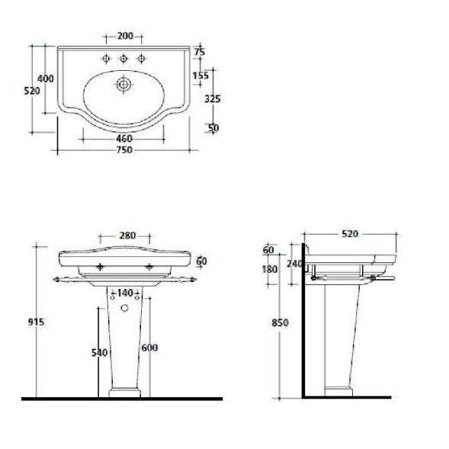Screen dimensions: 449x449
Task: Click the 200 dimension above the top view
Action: [x=126, y=36]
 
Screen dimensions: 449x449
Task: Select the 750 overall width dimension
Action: [x=124, y=150]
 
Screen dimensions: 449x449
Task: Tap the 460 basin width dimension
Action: [x=124, y=139]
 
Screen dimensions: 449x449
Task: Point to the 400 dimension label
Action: [x=46, y=79]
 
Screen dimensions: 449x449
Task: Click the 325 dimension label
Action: [x=213, y=99]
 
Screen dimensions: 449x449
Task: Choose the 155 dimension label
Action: [x=200, y=76]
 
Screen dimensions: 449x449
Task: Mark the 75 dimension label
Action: [x=200, y=52]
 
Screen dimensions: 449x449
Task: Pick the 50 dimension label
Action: [x=213, y=128]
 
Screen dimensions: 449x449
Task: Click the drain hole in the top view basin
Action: [x=123, y=84]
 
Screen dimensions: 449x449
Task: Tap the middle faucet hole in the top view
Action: [x=123, y=59]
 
